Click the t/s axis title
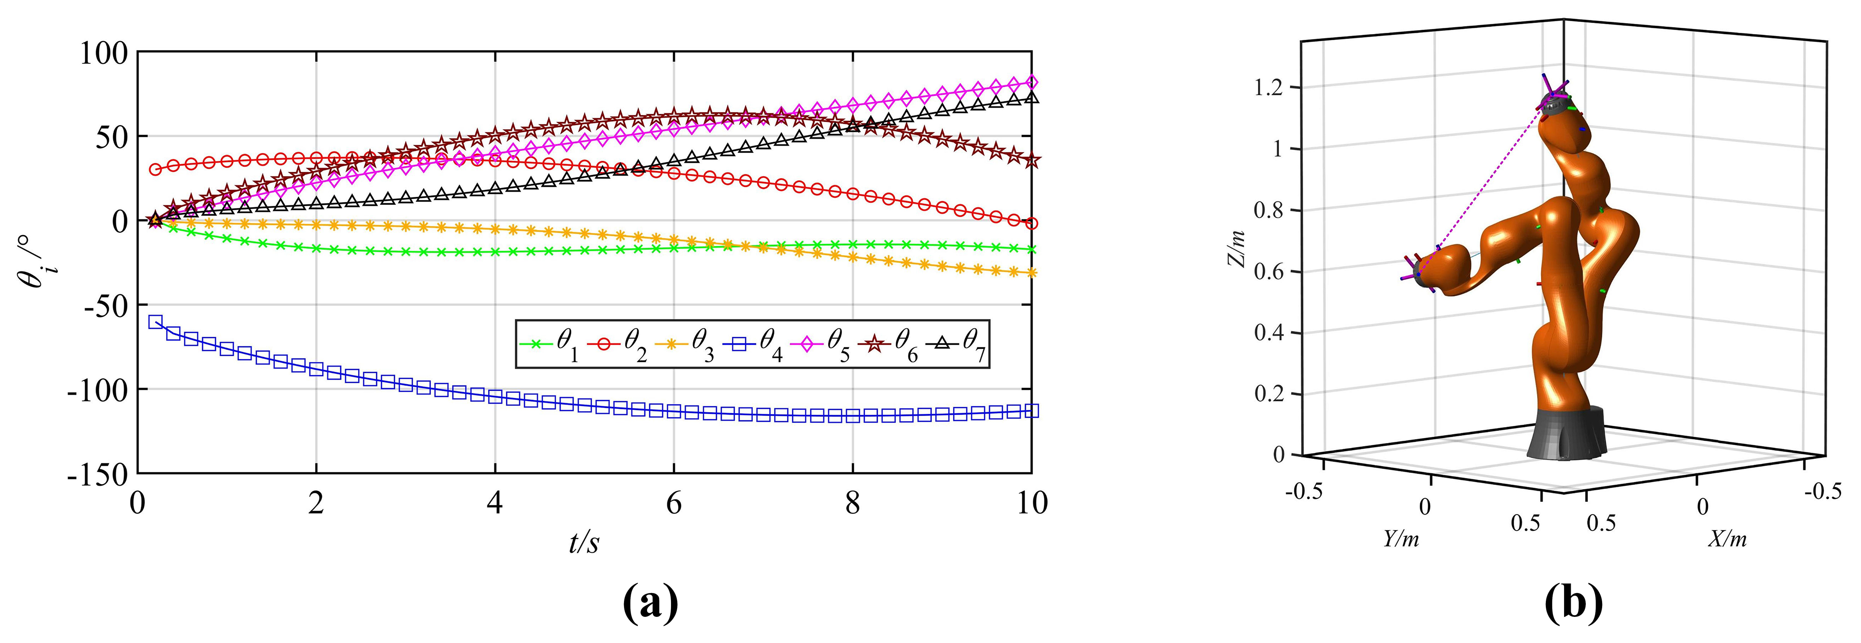point(584,542)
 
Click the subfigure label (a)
point(650,604)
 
